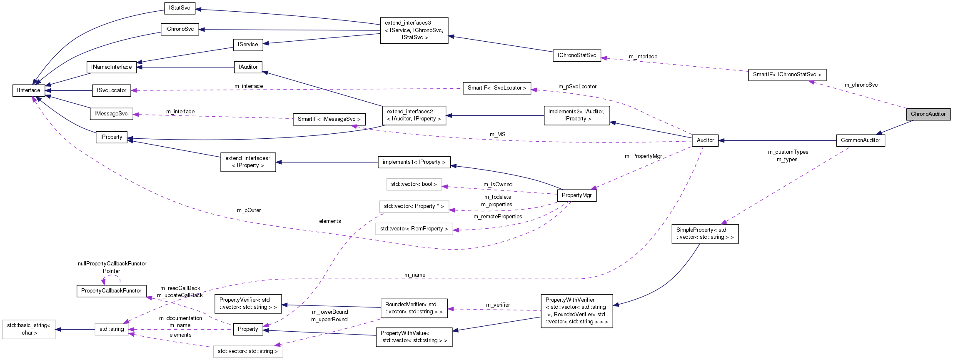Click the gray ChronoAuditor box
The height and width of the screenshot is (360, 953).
click(x=928, y=114)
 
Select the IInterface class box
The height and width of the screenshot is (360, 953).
click(x=29, y=90)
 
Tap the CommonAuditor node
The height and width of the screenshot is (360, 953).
click(x=860, y=140)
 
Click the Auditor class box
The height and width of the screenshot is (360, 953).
click(x=705, y=140)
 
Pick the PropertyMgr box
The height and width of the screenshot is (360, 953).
click(x=576, y=195)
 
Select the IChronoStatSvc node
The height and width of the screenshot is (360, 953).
click(x=576, y=55)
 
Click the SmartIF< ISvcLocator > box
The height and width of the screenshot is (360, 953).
click(x=496, y=88)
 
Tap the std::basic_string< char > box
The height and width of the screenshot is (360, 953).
click(x=29, y=329)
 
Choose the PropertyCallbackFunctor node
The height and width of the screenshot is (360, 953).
click(x=111, y=291)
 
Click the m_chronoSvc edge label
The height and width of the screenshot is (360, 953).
click(x=861, y=85)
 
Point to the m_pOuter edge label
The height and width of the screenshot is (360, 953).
click(x=249, y=210)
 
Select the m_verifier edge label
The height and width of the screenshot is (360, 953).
click(x=498, y=305)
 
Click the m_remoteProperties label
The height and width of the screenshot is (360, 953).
click(x=498, y=217)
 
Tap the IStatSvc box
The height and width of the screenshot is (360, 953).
click(x=180, y=8)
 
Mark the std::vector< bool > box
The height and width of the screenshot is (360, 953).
click(x=414, y=184)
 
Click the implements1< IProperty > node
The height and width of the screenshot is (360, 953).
click(x=414, y=162)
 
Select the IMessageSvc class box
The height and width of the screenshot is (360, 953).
click(x=111, y=114)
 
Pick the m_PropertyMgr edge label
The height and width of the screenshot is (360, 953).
click(x=643, y=156)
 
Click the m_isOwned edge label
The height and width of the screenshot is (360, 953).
click(x=498, y=185)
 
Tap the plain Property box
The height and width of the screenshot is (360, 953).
click(x=248, y=329)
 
